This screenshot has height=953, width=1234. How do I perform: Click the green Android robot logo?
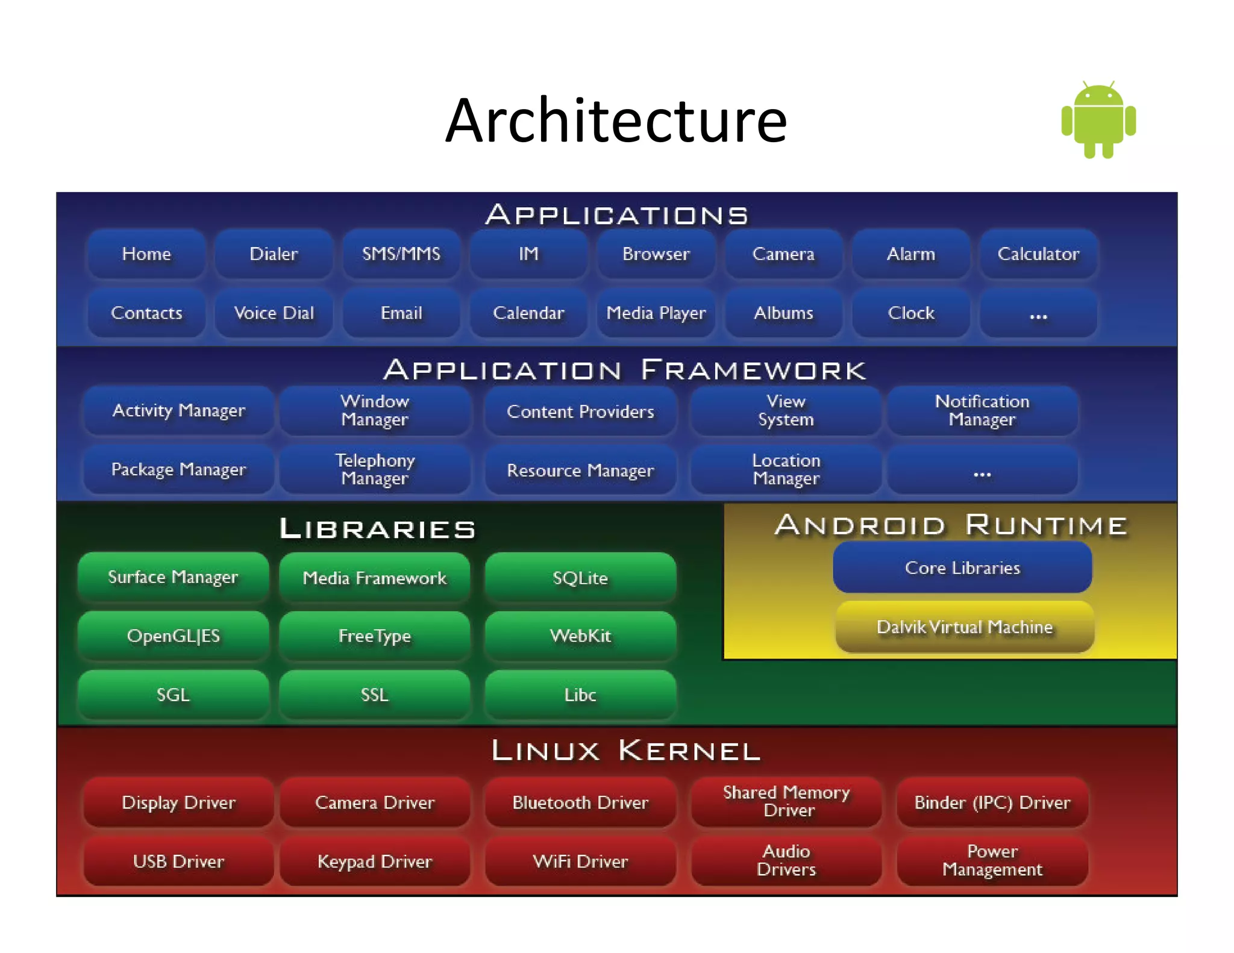tap(1098, 120)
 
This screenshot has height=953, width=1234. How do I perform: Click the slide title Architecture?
tap(616, 120)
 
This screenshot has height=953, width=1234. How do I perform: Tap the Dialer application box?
tap(274, 254)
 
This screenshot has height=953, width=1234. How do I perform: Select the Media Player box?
tap(656, 313)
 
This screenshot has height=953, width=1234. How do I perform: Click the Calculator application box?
tap(1038, 254)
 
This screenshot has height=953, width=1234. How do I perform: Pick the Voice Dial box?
tap(274, 313)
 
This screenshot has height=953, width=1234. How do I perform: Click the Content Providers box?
tap(580, 411)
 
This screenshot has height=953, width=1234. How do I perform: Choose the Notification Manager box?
tap(982, 410)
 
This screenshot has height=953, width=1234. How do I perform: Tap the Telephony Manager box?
tap(374, 469)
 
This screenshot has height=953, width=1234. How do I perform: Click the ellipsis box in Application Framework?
tap(982, 470)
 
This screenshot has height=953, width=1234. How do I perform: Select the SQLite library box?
tap(580, 578)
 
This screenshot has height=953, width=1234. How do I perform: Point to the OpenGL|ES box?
tap(173, 636)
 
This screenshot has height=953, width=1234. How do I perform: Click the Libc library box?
tap(580, 695)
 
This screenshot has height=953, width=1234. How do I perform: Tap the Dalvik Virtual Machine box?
tap(964, 626)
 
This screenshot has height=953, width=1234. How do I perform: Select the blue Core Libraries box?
tap(962, 567)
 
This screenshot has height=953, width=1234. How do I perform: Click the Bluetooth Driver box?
tap(580, 802)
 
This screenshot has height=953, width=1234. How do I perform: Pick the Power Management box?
tap(992, 860)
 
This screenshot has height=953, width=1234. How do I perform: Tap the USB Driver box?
tap(178, 861)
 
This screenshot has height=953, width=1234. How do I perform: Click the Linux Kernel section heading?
tap(625, 751)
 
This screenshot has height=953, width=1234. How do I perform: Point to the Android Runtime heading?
tap(951, 525)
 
